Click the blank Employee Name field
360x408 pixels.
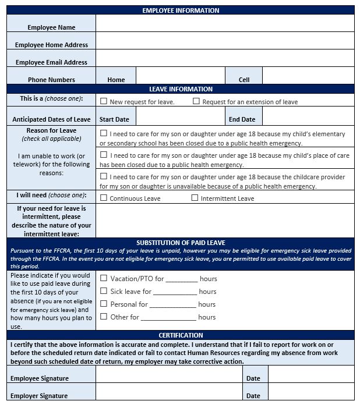click(x=225, y=23)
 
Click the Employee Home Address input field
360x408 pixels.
click(x=225, y=41)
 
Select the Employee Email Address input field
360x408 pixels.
click(x=225, y=58)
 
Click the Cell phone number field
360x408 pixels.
click(x=308, y=76)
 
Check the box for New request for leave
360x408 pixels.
click(x=104, y=101)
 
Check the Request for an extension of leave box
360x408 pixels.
click(x=196, y=101)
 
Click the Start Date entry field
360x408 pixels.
click(x=180, y=116)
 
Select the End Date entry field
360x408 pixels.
click(x=308, y=116)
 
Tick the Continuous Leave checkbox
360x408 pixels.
click(x=104, y=198)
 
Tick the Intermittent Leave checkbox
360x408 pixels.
click(x=195, y=198)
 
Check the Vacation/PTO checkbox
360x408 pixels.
click(x=104, y=278)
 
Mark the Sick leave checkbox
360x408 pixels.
click(x=104, y=291)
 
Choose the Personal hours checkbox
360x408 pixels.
click(x=104, y=304)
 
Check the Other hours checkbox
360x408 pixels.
click(x=104, y=317)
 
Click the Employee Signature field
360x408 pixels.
click(x=169, y=374)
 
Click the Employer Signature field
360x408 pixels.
click(x=169, y=392)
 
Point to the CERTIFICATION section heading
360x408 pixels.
click(x=181, y=335)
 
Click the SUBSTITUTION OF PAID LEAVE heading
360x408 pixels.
click(x=181, y=243)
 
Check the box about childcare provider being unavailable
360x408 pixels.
click(x=104, y=176)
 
